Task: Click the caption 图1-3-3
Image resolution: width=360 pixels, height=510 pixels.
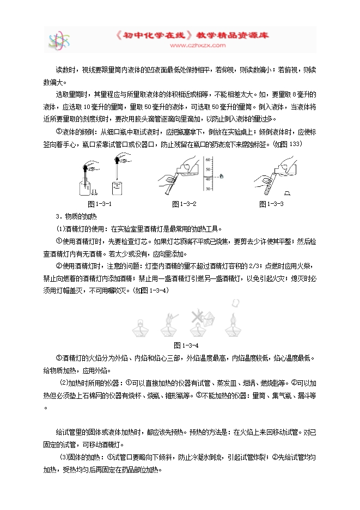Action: (x=271, y=204)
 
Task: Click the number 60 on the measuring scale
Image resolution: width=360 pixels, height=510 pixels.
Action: (x=208, y=159)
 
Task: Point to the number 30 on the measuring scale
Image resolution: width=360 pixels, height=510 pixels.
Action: (x=208, y=188)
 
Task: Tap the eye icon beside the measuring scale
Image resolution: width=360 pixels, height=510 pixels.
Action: (x=222, y=175)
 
